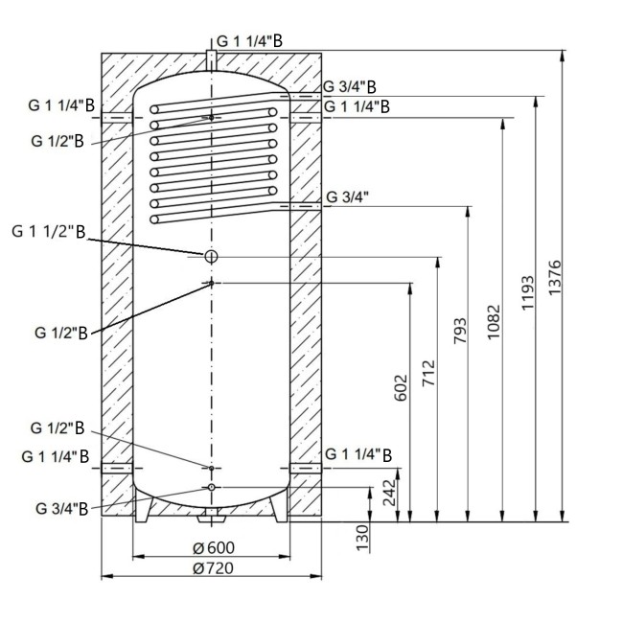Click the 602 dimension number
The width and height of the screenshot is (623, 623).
click(402, 387)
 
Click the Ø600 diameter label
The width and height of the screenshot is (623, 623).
click(214, 548)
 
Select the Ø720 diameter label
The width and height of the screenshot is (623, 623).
click(214, 568)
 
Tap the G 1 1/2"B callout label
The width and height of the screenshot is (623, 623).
click(49, 232)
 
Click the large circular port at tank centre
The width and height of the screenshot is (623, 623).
click(211, 256)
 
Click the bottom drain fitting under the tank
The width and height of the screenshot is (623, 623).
click(211, 519)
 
